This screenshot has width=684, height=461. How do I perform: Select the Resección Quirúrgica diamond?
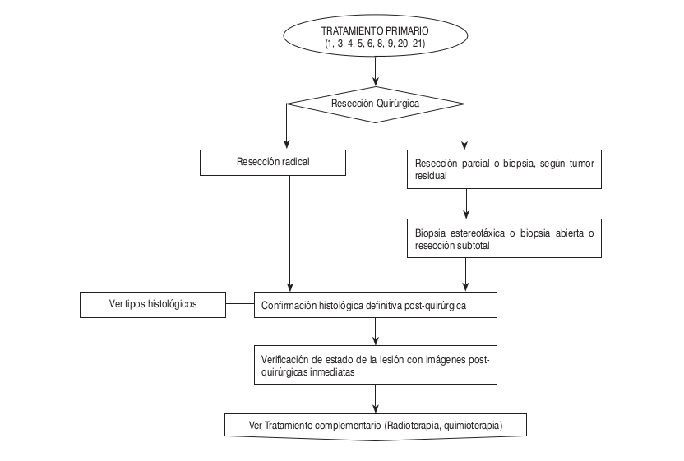click(x=375, y=104)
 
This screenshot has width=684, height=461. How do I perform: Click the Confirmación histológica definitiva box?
click(x=375, y=306)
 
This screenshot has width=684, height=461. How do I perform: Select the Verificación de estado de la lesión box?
click(x=375, y=364)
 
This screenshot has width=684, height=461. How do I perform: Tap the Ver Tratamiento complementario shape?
click(x=375, y=426)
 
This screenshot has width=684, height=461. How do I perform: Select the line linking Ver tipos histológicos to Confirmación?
click(x=239, y=306)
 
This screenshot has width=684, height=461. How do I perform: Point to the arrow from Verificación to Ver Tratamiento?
click(x=375, y=399)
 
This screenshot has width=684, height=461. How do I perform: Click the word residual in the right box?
click(x=432, y=176)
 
